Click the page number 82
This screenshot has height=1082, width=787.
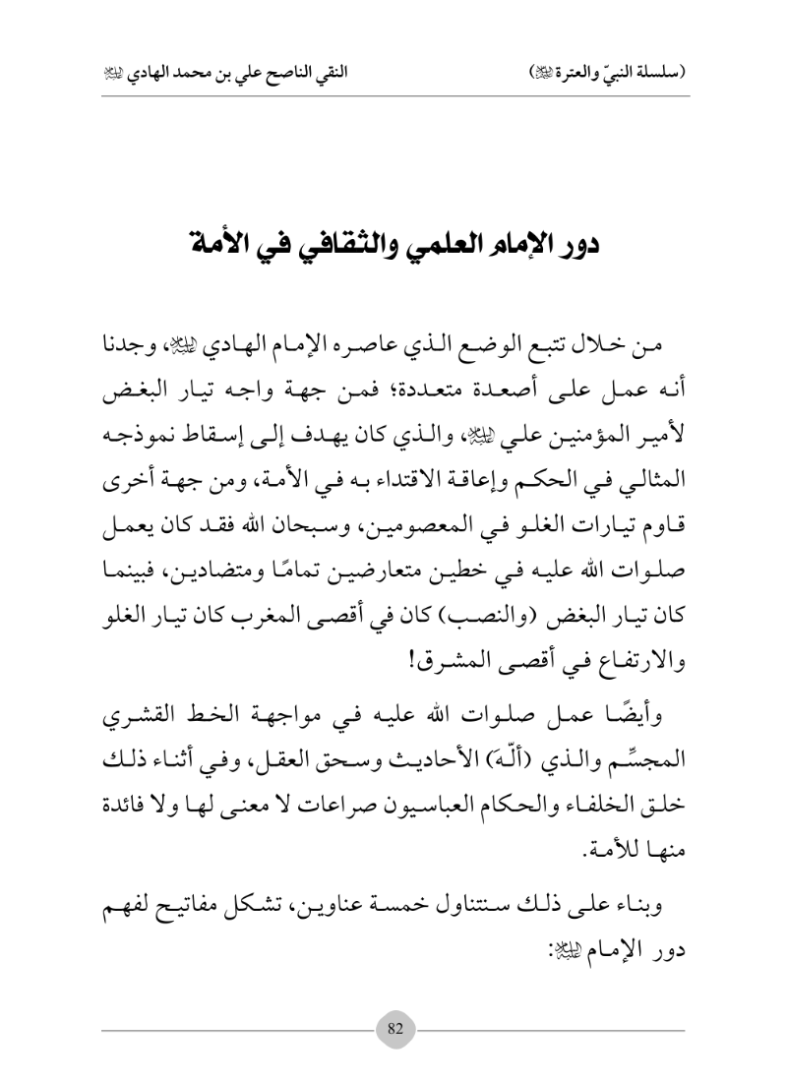394,1029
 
